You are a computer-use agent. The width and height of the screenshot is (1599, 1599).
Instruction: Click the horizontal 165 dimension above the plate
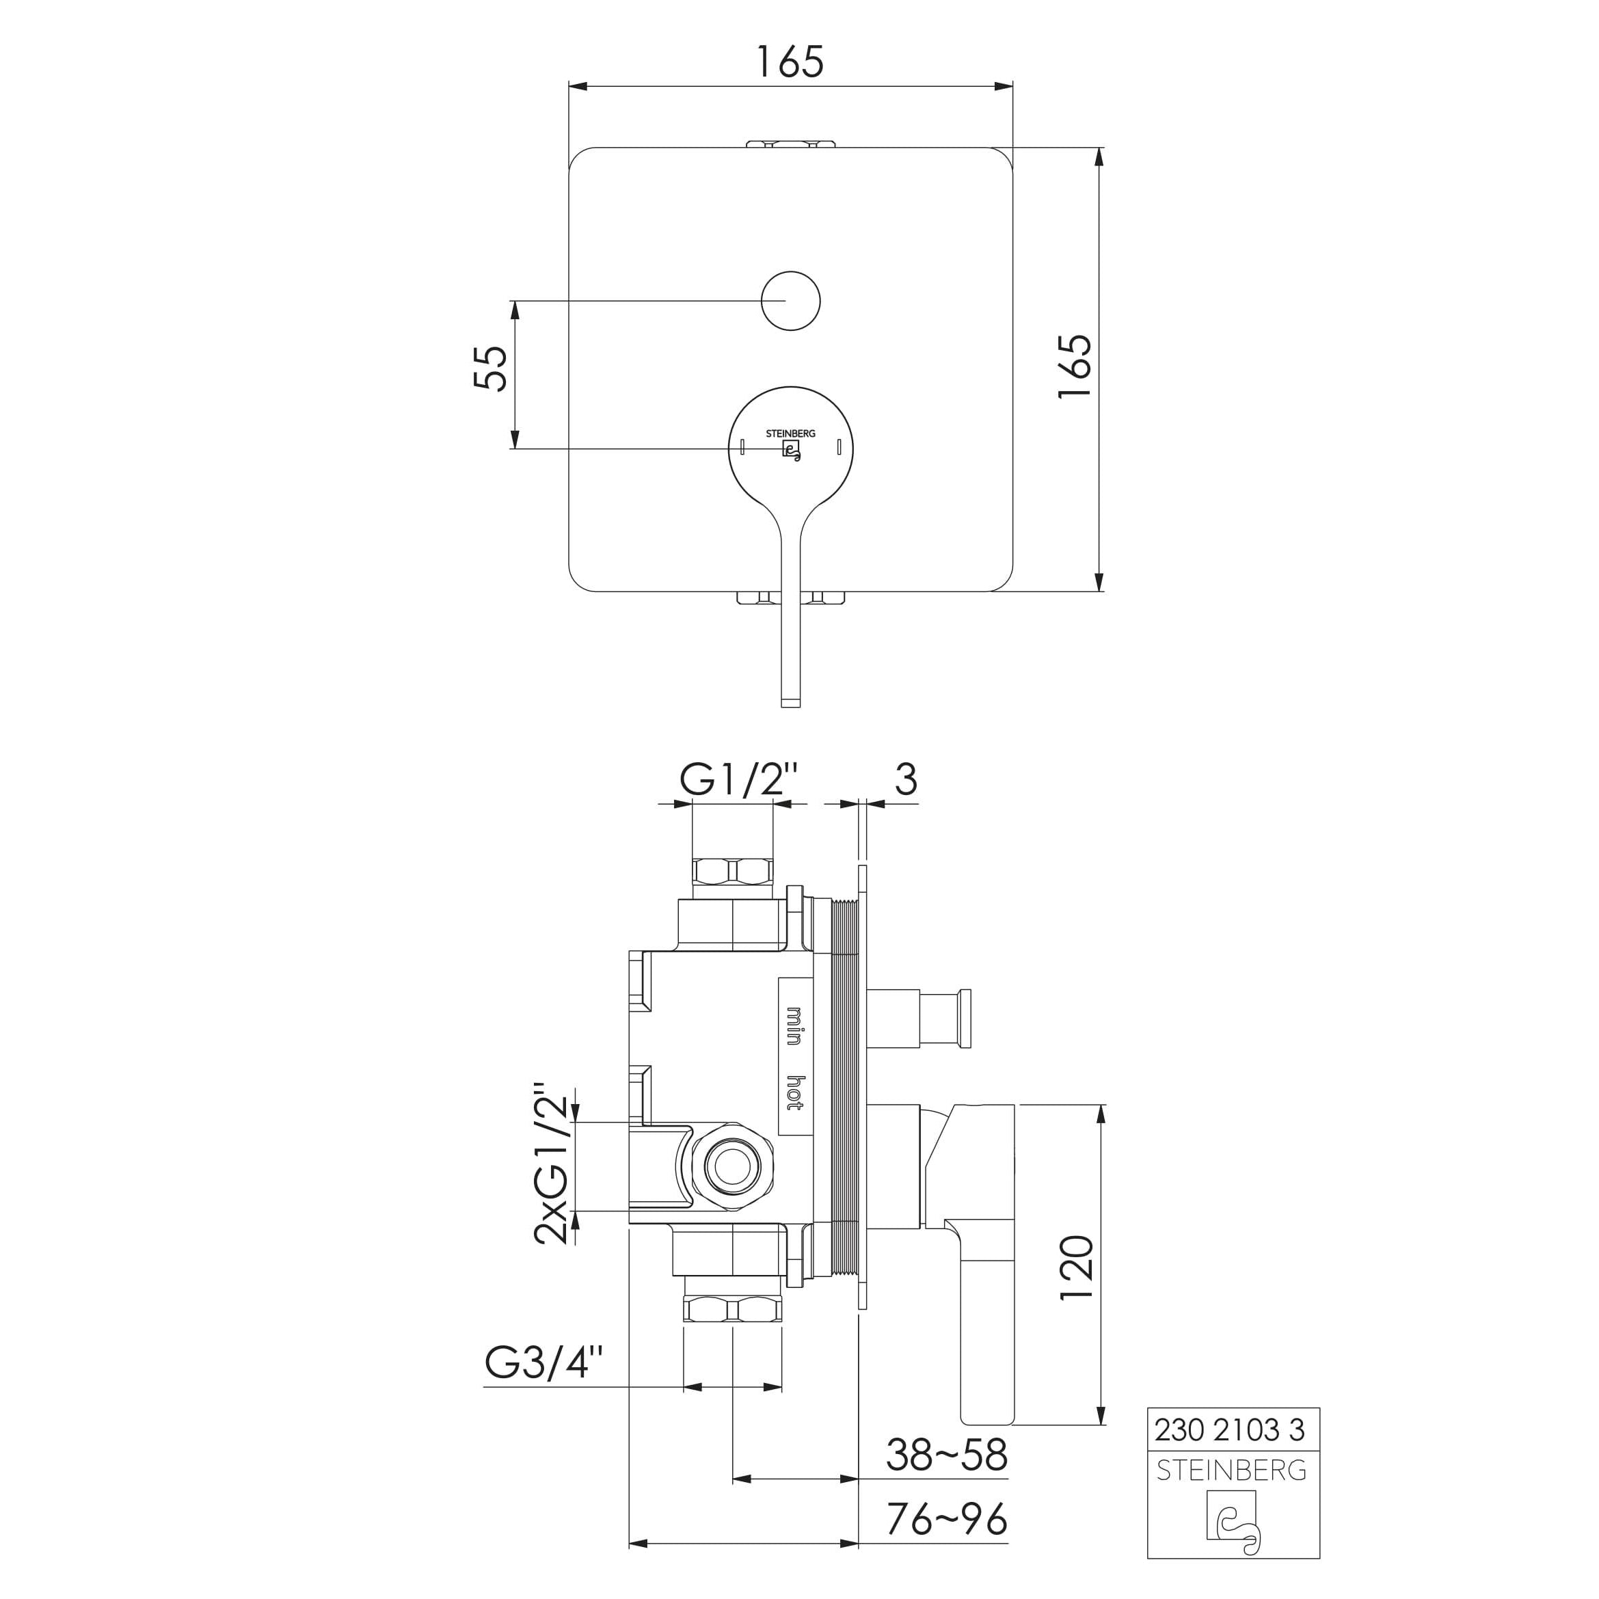[x=790, y=62]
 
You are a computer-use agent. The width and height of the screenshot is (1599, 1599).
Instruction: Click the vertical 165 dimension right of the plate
[x=1075, y=366]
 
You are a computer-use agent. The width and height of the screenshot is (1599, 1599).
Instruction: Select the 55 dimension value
[x=490, y=368]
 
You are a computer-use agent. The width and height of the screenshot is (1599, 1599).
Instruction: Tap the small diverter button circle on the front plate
[x=790, y=300]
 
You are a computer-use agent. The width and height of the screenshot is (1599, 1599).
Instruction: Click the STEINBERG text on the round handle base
[x=790, y=433]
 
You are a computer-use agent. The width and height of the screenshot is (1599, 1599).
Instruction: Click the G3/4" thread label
[x=543, y=1362]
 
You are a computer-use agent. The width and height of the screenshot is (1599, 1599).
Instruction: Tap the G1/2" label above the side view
[x=739, y=779]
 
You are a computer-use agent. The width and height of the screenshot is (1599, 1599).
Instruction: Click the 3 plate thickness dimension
[x=906, y=779]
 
